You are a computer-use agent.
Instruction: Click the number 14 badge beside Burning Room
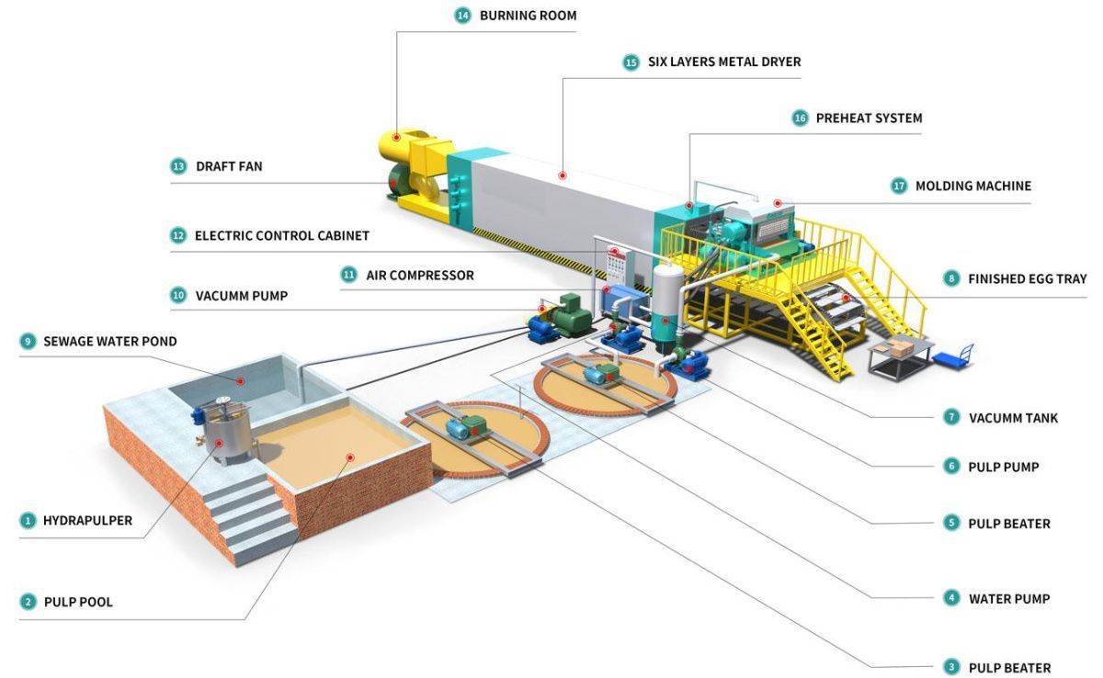pos(462,16)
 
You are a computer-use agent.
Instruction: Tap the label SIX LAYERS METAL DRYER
pos(724,62)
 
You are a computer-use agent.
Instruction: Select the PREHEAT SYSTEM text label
pos(870,119)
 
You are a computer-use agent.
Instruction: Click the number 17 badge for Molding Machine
pos(899,186)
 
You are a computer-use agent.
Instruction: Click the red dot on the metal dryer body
pos(563,175)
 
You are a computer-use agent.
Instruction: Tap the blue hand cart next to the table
pos(954,356)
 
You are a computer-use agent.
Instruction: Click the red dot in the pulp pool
pos(350,458)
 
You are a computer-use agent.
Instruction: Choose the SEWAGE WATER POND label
pos(110,342)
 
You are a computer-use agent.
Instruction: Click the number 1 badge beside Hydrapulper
pos(28,521)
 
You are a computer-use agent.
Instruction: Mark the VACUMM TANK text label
pos(1013,418)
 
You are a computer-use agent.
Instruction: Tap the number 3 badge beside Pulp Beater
pos(951,667)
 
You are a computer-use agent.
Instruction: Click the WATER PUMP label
pos(1009,599)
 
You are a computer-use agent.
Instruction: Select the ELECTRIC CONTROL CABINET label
pos(282,236)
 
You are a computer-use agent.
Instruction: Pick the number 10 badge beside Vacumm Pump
pos(178,296)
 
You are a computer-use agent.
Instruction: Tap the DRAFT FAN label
pos(229,166)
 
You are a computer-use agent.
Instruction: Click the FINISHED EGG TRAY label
pos(1028,279)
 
